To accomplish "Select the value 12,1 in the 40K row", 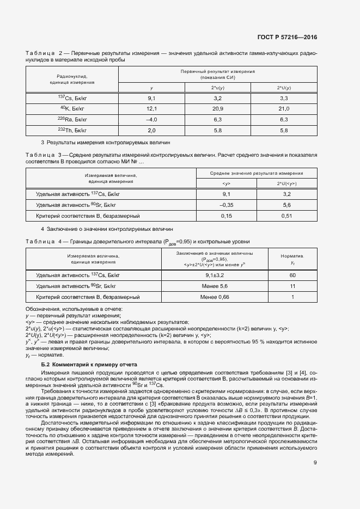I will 151,108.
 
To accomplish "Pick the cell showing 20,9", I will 217,108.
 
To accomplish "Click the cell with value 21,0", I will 283,108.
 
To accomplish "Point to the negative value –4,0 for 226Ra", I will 151,119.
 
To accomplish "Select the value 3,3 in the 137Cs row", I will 283,98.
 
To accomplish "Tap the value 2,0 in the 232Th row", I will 151,130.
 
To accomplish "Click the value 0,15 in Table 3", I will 226,216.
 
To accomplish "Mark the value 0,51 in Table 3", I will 286,216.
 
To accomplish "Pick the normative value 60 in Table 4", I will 292,275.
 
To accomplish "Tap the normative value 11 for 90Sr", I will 292,286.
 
